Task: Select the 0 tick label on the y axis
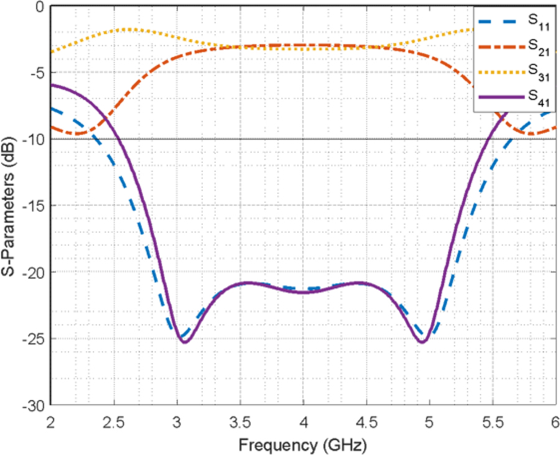[x=39, y=7]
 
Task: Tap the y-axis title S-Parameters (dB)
[x=10, y=206]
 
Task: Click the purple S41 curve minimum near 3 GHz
[x=184, y=342]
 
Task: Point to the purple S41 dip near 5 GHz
[x=422, y=342]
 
